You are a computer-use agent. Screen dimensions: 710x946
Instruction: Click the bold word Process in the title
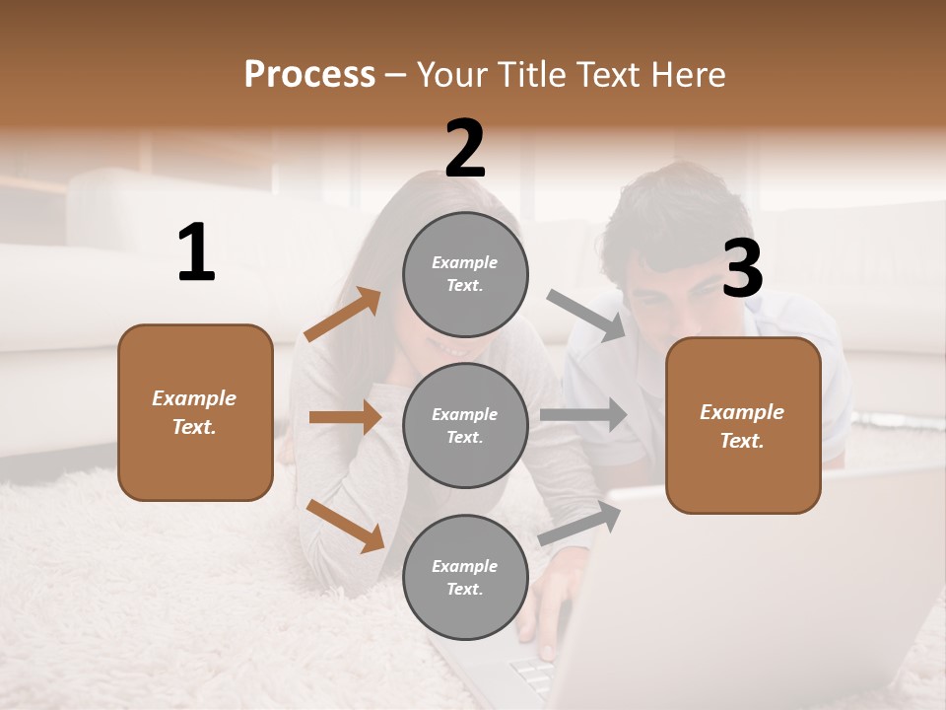point(309,74)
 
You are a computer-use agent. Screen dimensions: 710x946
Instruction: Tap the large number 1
point(196,253)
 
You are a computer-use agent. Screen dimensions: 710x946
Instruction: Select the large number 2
point(465,149)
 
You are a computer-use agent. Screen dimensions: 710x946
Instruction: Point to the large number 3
point(742,268)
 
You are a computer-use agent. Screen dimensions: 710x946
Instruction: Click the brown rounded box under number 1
point(195,412)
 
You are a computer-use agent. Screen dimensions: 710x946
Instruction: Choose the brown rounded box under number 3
point(743,425)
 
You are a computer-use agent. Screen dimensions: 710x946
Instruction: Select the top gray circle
point(465,274)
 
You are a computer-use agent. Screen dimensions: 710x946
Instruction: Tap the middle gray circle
point(465,425)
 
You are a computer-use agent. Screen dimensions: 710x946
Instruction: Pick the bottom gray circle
point(465,577)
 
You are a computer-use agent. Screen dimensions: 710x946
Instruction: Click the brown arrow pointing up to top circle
point(343,315)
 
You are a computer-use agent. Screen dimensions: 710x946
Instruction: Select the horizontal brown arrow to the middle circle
point(345,417)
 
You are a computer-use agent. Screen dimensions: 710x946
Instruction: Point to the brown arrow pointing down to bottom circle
point(345,525)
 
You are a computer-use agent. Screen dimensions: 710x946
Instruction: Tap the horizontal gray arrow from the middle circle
point(583,414)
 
